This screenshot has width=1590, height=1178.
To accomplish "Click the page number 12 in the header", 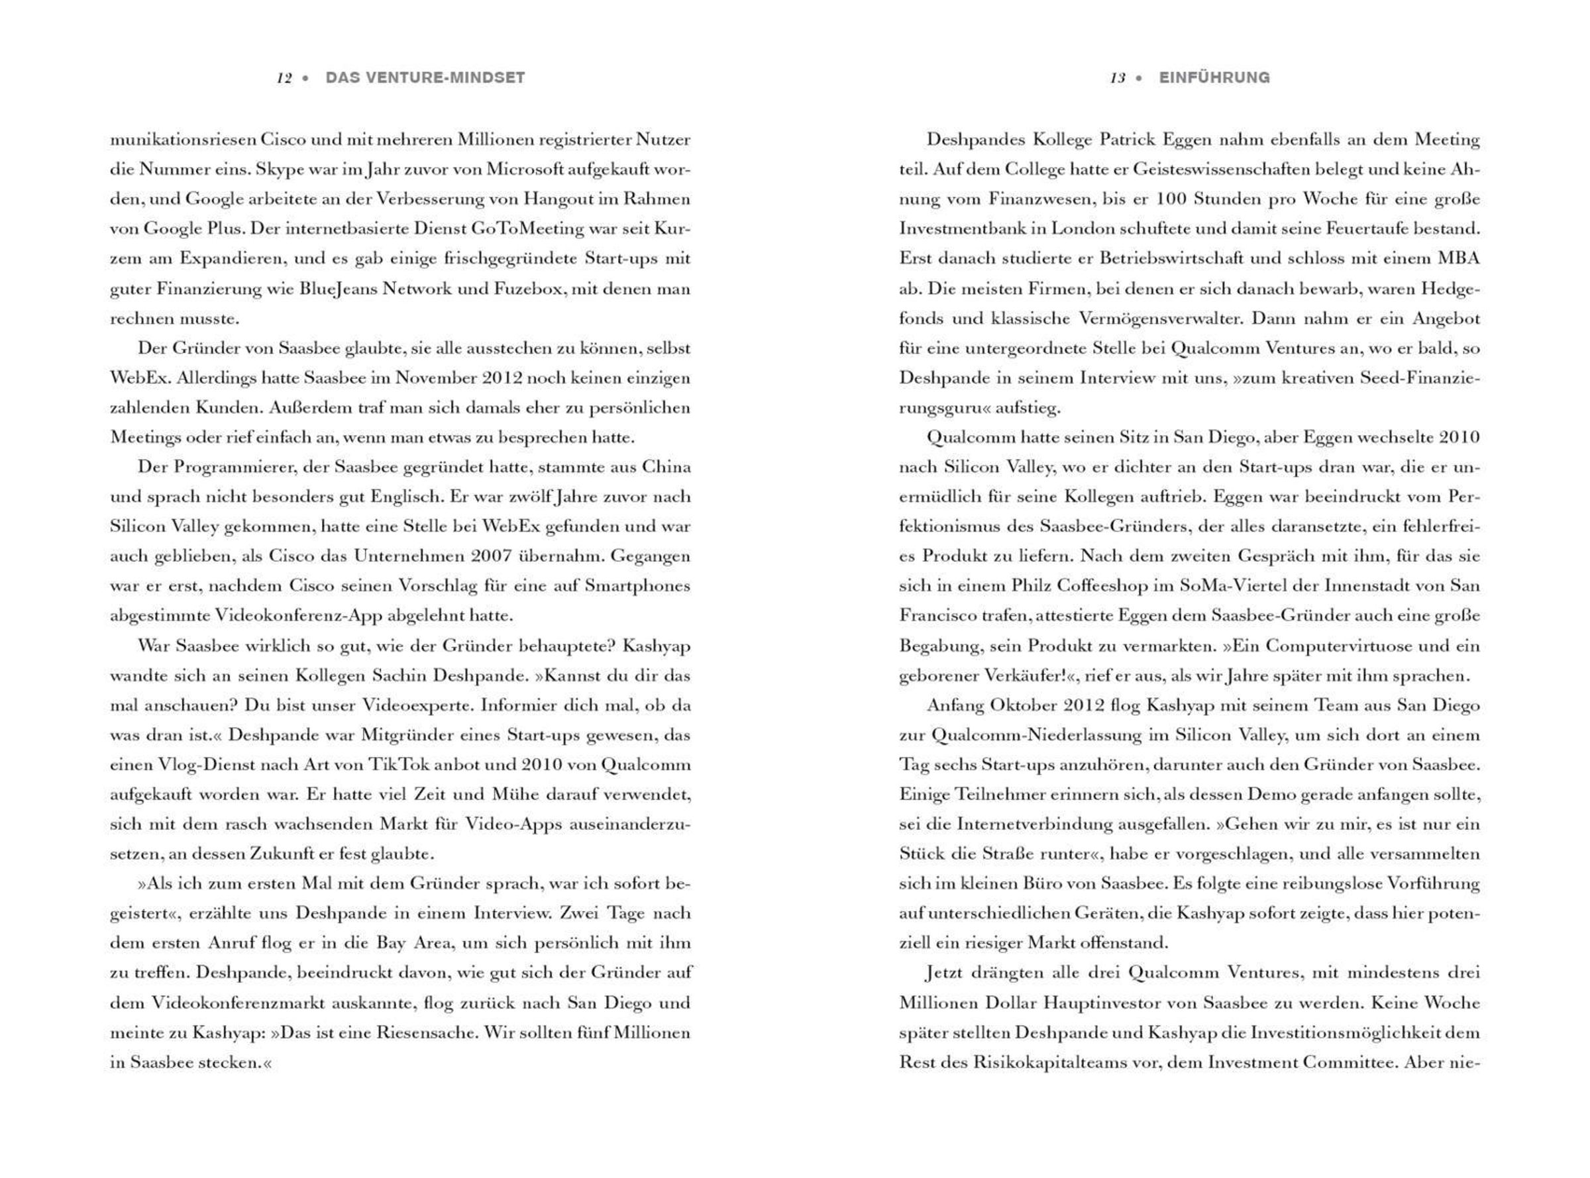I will coord(284,78).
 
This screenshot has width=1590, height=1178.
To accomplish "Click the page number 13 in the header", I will coord(1117,78).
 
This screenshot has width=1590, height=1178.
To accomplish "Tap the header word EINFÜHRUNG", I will coord(1214,77).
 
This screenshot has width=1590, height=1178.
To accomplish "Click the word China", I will coord(666,467).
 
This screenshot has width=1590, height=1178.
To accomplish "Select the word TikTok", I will coord(403,765).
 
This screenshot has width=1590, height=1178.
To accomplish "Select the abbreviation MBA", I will coord(1458,259).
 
